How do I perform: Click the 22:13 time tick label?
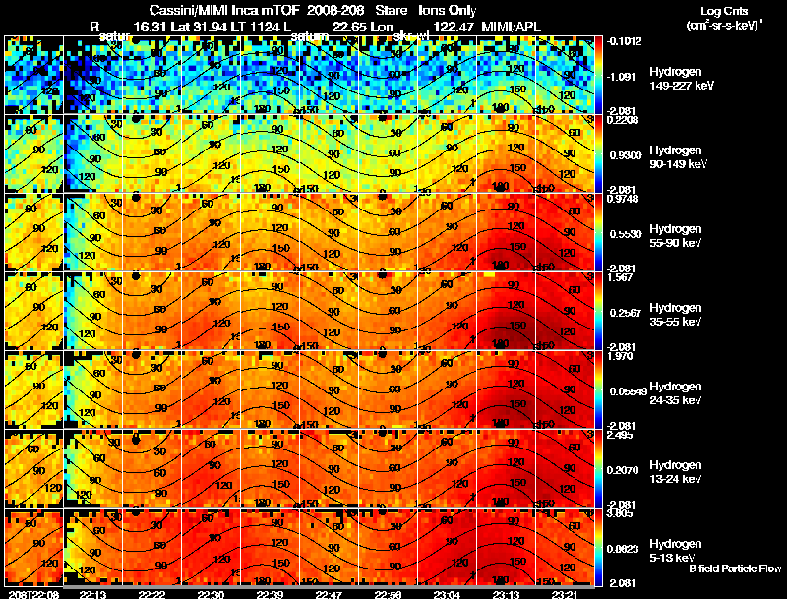point(92,594)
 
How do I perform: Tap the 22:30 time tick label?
point(211,594)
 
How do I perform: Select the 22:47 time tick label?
point(329,594)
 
